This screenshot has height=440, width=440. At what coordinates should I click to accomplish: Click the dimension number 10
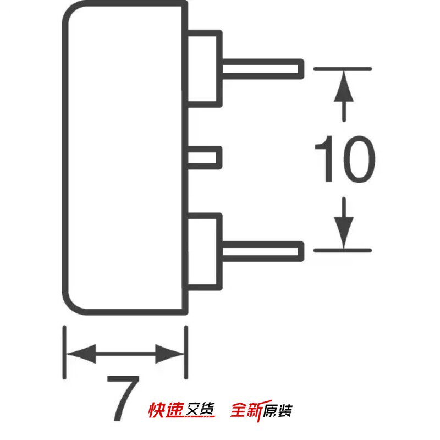[x=345, y=159]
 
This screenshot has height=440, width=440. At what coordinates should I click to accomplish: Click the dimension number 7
[x=123, y=398]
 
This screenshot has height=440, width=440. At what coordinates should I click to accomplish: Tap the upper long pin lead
[x=263, y=69]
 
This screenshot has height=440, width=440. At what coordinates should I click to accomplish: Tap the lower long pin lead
[x=263, y=251]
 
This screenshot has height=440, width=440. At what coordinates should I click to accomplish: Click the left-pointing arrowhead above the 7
[x=81, y=354]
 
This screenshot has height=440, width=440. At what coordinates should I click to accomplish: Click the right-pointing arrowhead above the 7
[x=170, y=354]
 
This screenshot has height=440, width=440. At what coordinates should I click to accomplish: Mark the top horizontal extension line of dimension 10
[x=343, y=69]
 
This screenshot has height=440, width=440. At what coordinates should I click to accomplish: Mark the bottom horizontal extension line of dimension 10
[x=343, y=250]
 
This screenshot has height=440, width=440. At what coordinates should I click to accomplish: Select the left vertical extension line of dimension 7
[x=64, y=353]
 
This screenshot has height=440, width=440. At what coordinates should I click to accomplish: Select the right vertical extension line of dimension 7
[x=186, y=353]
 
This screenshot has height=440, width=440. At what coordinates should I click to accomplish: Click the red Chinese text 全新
[x=247, y=410]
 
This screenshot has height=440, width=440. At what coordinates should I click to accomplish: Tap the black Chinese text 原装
[x=278, y=411]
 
